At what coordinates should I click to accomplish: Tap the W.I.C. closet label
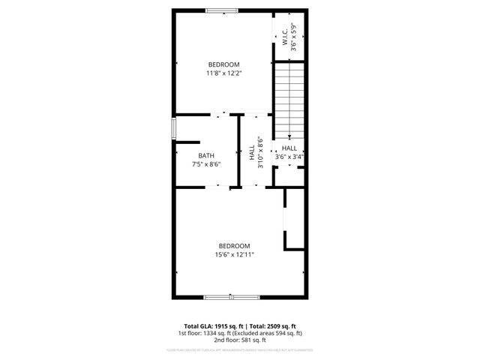tap(285, 37)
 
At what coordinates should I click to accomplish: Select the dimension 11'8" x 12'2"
tap(224, 73)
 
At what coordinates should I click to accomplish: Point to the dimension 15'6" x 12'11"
tap(234, 254)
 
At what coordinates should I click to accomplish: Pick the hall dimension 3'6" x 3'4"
tap(289, 157)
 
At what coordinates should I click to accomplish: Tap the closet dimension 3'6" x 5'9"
tap(294, 37)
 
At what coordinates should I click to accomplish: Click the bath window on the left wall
tap(173, 128)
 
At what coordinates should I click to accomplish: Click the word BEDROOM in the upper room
tap(223, 64)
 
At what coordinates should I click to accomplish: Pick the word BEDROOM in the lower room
tap(234, 246)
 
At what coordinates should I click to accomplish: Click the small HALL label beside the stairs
tap(289, 148)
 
